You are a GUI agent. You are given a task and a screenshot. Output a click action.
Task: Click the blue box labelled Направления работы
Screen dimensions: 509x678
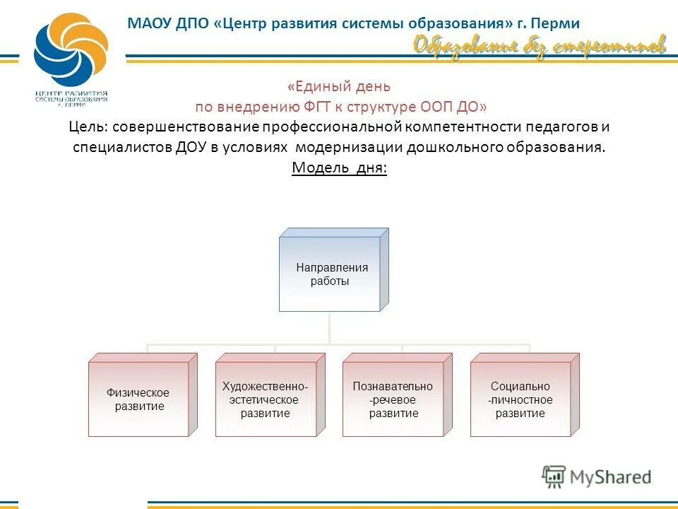[x=330, y=274]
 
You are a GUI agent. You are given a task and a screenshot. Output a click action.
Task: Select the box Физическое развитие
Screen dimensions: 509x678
[x=138, y=399]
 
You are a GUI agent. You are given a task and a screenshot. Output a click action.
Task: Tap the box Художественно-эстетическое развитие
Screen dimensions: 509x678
[x=265, y=399]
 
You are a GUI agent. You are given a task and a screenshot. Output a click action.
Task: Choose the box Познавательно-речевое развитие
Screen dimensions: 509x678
[x=393, y=399]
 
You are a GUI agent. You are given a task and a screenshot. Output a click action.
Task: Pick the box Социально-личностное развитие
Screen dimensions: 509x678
[x=521, y=399]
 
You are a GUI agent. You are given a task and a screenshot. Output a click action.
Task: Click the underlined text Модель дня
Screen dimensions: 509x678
[x=339, y=168]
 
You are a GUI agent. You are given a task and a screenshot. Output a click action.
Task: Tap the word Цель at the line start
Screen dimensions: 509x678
[x=87, y=127]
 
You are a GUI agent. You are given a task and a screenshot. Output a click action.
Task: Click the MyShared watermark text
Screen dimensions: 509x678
[x=610, y=476]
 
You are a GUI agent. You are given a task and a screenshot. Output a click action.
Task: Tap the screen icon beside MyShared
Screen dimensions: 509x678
[x=554, y=476]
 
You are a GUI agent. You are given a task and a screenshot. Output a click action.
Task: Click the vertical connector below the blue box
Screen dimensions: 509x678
[x=330, y=329]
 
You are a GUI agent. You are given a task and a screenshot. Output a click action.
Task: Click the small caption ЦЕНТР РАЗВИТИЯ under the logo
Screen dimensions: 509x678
[x=71, y=93]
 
